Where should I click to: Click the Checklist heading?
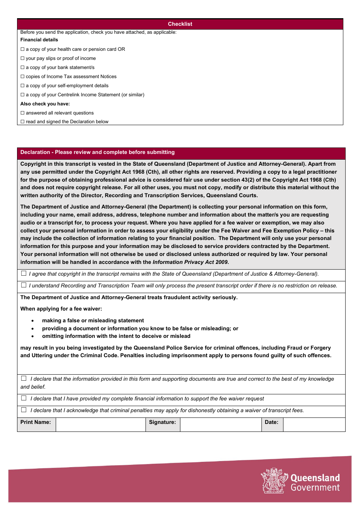(x=180, y=24)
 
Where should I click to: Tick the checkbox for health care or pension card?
(x=22, y=49)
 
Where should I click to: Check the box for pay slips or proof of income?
(x=22, y=58)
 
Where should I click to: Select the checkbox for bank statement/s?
(x=22, y=67)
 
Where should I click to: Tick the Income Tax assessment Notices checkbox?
(x=22, y=77)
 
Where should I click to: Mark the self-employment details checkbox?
(x=22, y=86)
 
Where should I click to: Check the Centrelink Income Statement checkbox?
(x=22, y=95)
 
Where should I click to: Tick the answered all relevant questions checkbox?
(x=22, y=113)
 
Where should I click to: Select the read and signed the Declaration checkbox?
(x=22, y=122)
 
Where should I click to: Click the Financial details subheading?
(x=39, y=40)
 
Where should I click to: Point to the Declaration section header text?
(x=97, y=152)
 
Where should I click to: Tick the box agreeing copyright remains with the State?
(x=24, y=273)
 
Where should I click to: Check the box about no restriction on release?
(x=24, y=285)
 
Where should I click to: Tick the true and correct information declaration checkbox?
(x=24, y=378)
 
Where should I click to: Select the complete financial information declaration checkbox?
(x=24, y=398)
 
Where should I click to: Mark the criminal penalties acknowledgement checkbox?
(x=24, y=410)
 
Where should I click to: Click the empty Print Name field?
(x=100, y=425)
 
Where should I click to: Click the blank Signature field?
(x=221, y=425)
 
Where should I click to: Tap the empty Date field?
(x=314, y=425)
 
